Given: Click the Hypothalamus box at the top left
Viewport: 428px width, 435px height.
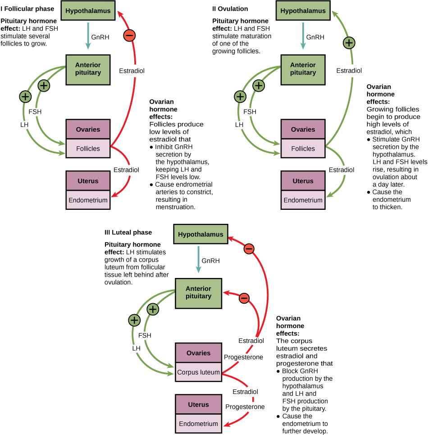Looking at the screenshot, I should tap(88, 10).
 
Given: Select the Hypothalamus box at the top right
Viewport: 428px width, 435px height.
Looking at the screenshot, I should tap(303, 10).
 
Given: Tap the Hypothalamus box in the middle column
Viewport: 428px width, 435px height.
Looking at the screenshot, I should tap(200, 234).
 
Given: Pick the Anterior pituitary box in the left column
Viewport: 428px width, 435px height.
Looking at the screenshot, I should tap(88, 69).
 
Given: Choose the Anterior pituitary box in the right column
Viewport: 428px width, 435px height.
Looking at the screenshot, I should tap(303, 69).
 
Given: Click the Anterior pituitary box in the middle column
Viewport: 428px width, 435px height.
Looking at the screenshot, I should tap(198, 293).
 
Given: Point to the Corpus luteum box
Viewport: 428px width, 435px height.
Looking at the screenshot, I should tap(198, 372).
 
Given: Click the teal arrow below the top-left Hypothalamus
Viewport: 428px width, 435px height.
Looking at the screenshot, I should tap(88, 36).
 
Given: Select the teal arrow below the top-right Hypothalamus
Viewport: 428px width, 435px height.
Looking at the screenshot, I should tap(303, 36).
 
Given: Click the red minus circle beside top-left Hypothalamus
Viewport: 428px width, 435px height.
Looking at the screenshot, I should tap(129, 35).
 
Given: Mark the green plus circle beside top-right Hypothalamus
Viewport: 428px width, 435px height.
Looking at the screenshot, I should tap(349, 43).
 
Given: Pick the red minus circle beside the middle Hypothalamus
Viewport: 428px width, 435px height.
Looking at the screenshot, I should tap(249, 249).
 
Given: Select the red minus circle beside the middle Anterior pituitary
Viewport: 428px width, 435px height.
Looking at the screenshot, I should tap(244, 298).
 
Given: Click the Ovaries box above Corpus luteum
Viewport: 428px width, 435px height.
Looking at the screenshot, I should tap(198, 353).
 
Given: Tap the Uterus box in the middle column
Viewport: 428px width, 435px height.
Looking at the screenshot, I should tap(198, 404).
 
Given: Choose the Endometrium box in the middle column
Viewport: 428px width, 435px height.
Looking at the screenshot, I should tap(198, 424).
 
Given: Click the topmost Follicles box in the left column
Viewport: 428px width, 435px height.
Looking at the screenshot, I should tap(88, 148).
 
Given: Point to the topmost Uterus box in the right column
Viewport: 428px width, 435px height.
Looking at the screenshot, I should tap(303, 181).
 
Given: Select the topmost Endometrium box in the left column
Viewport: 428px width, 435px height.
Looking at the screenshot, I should tap(88, 200).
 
